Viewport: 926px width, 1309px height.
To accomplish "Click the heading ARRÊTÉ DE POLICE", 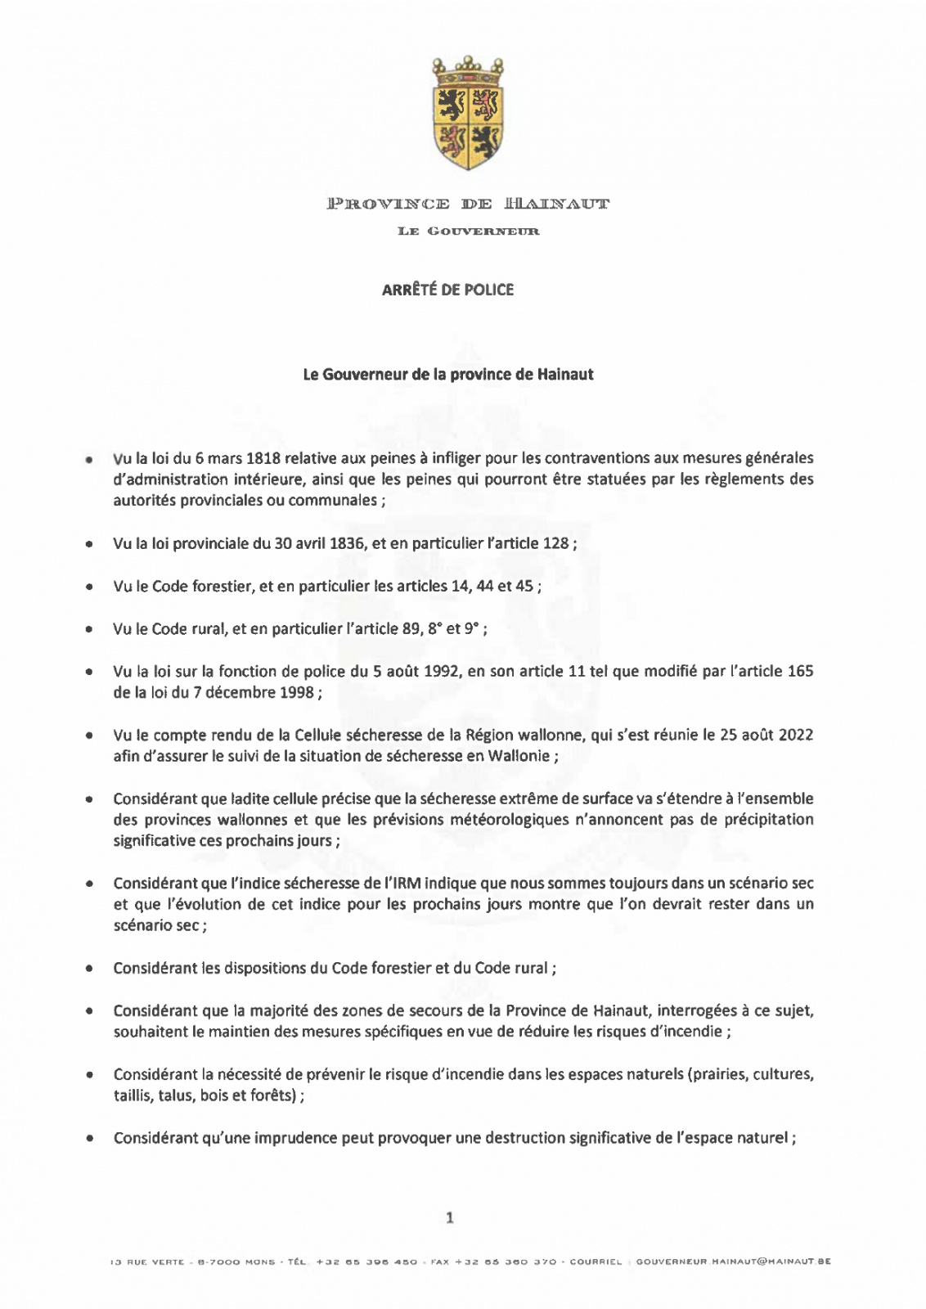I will click(x=447, y=290).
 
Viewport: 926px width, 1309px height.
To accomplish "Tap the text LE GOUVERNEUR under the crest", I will click(x=468, y=232).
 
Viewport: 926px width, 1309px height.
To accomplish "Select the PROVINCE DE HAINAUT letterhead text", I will click(x=468, y=204).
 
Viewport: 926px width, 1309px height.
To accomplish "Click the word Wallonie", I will click(x=519, y=756).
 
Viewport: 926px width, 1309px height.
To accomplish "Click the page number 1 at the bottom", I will click(x=449, y=1218).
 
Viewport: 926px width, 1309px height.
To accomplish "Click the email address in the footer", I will click(x=733, y=1262).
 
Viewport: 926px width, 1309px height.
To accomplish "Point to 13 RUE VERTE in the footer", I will click(x=147, y=1262).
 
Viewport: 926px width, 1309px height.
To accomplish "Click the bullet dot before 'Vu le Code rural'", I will click(x=88, y=629).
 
